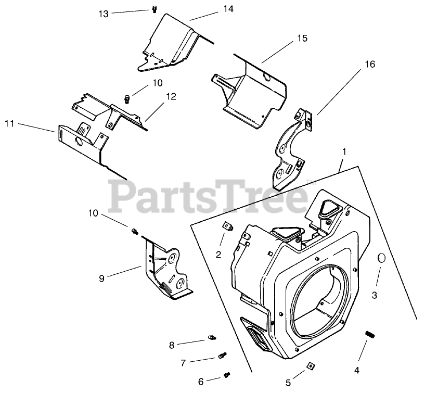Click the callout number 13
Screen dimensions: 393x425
[x=104, y=14]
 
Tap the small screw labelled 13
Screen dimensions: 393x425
[x=154, y=8]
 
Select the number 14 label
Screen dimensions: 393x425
[x=228, y=9]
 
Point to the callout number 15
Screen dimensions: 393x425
[x=302, y=39]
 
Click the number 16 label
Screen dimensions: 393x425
[x=369, y=64]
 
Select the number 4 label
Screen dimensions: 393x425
[x=357, y=370]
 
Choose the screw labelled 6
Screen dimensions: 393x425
[x=227, y=374]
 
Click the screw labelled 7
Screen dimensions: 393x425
[x=223, y=356]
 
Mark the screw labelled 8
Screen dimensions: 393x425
[x=212, y=338]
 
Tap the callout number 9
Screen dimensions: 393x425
[x=101, y=278]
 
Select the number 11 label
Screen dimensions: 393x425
[x=9, y=123]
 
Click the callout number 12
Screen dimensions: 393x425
[x=171, y=96]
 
